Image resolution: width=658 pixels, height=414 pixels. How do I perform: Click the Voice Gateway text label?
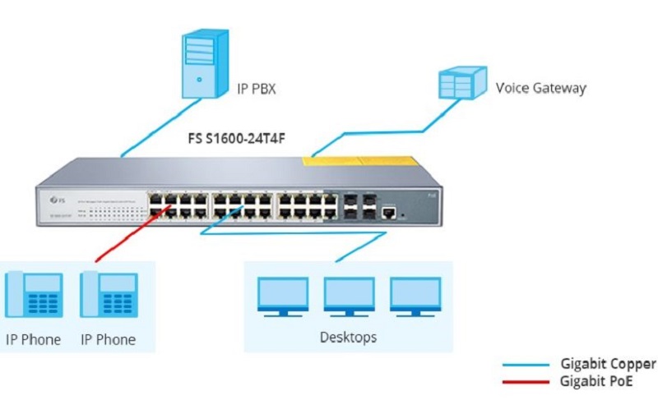coord(540,88)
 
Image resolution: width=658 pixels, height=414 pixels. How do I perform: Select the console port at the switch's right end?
coord(390,213)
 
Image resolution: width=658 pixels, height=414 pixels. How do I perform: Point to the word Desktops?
coord(348,338)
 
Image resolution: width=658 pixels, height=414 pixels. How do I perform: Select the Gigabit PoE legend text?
coord(600,381)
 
